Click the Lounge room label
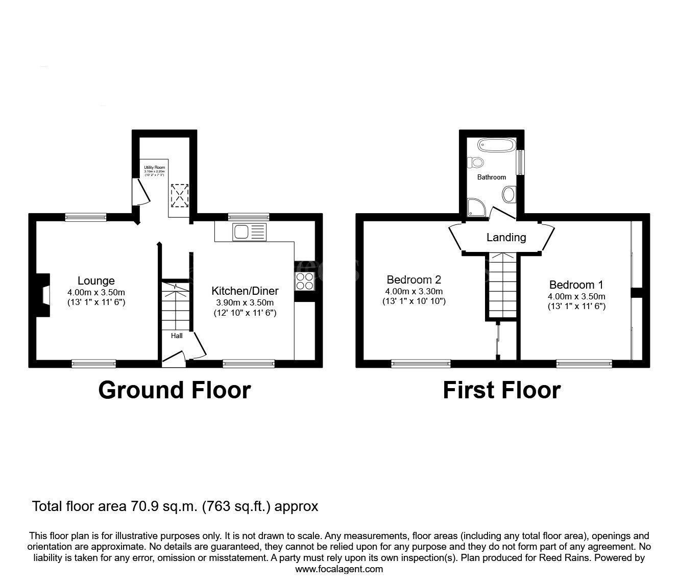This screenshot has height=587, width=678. coord(96,281)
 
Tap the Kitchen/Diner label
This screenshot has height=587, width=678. coord(245,291)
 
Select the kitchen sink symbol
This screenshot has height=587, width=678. coord(249,232)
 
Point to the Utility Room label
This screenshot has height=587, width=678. coord(154,167)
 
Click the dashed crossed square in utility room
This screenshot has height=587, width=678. coord(179,196)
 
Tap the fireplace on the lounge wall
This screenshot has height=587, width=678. coord(42,296)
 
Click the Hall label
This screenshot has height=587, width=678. coord(177,336)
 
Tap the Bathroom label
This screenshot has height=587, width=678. coord(492,177)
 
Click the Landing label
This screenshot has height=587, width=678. coord(506,237)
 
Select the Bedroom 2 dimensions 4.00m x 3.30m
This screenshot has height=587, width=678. coord(414,291)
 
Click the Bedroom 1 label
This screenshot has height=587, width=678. coord(576,285)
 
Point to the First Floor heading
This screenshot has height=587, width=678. coord(501,390)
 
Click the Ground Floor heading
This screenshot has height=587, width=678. coord(174,390)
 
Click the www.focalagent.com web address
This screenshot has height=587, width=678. coord(339,569)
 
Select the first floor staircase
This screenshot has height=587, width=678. coord(501,286)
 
